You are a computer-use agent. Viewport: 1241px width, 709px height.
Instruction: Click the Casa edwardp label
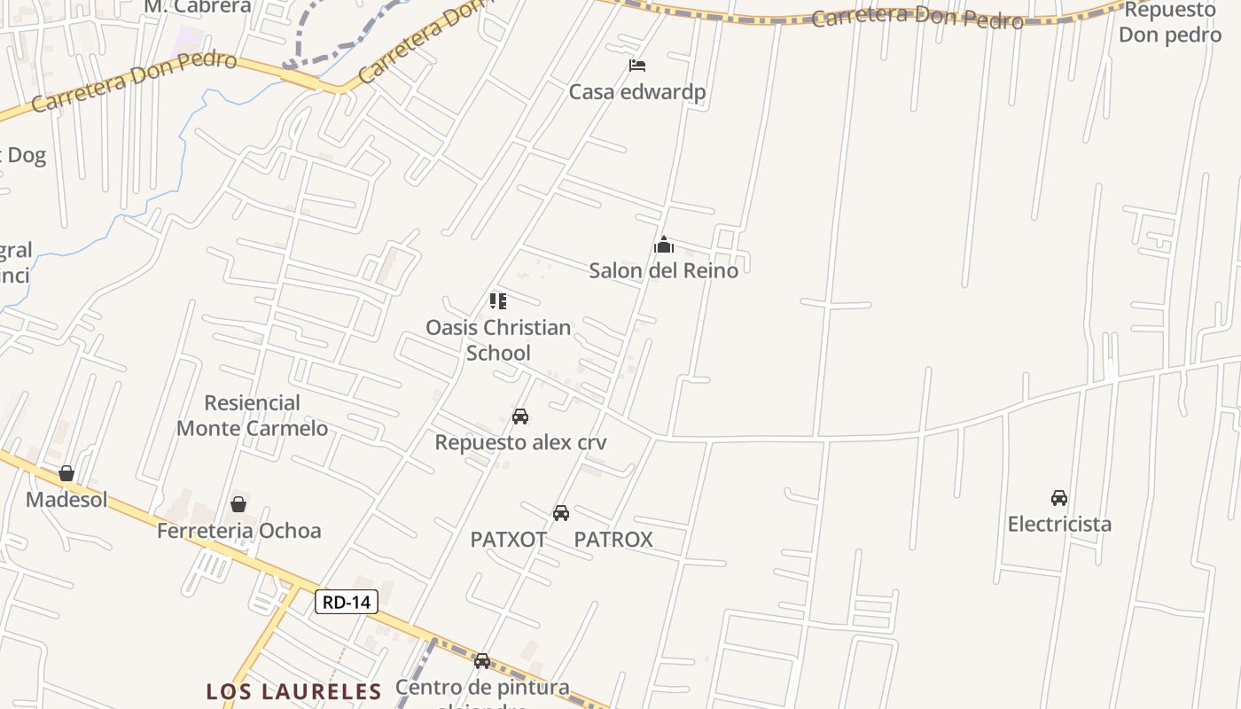pos(636,92)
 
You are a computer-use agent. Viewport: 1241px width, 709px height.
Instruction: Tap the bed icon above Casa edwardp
pos(636,66)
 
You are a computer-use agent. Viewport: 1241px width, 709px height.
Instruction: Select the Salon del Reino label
pos(663,270)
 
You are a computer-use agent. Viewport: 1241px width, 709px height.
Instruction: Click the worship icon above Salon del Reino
pos(663,245)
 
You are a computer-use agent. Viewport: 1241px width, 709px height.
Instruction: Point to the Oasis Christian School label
pos(498,339)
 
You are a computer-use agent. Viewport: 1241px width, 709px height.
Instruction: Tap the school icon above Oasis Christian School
pos(498,301)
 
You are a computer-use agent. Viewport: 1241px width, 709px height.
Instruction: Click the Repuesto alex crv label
pos(520,442)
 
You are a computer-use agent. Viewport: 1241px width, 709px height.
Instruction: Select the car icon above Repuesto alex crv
pos(520,417)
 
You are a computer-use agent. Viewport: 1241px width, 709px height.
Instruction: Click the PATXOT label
pos(508,539)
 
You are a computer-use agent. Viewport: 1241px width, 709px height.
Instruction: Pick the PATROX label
pos(613,539)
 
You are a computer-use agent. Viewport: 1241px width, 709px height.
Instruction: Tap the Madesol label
pos(66,499)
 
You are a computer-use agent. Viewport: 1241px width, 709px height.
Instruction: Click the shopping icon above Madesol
pos(66,473)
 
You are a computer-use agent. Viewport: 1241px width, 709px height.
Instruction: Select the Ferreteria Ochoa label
pos(238,531)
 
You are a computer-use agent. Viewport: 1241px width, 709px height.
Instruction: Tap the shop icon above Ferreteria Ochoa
pos(238,505)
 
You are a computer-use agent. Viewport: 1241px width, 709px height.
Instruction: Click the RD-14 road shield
pos(347,603)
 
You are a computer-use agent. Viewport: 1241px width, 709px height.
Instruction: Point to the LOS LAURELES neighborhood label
pos(293,691)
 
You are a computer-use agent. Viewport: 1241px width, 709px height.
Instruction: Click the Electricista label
pos(1059,524)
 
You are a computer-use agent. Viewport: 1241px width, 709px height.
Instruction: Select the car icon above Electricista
pos(1059,498)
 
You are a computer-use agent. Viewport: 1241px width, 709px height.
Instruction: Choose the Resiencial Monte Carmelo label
pos(252,416)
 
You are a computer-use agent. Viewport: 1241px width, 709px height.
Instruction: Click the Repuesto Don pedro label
pos(1170,22)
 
